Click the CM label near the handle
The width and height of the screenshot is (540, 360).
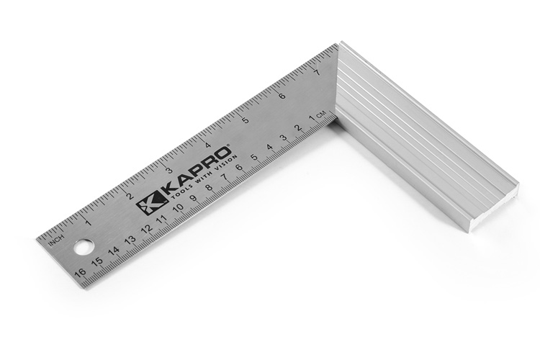pos(322,114)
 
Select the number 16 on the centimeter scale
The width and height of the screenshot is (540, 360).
pos(80,273)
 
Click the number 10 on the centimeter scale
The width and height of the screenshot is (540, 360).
pos(177,209)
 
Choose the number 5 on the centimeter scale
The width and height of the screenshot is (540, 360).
pos(253,158)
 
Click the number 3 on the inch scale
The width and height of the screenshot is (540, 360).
pos(168,171)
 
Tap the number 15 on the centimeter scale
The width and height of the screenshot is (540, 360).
pos(96,262)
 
